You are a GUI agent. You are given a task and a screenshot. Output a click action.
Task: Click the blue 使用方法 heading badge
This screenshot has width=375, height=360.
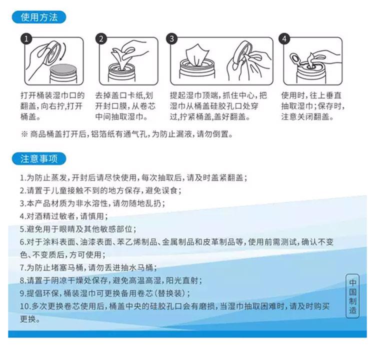pos(39,17)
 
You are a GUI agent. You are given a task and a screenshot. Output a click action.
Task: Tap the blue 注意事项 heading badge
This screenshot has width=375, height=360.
pos(39,158)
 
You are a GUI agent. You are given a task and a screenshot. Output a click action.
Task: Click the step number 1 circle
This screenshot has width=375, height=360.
pos(26,39)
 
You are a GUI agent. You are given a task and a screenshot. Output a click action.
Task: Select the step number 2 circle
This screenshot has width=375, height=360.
pos(101,39)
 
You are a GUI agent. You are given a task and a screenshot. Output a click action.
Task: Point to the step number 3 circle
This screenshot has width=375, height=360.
pos(171,39)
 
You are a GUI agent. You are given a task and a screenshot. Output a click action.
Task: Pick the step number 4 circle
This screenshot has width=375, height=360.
pos(284,39)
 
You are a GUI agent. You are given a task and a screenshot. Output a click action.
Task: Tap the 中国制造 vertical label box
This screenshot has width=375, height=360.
pos(352,296)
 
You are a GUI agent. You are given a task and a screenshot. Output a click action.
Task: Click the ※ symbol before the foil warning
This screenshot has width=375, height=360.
pos(24,134)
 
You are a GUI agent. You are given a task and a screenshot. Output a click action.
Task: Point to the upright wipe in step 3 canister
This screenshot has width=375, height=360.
pos(197,55)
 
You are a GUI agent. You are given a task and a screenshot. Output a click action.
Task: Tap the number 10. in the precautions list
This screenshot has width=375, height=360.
pos(25,306)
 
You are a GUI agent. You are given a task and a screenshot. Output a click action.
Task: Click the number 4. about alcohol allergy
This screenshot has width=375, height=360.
pos(22,216)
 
